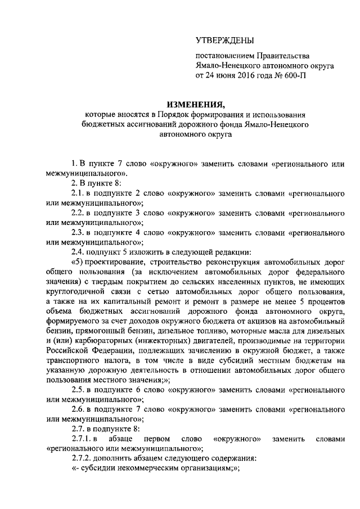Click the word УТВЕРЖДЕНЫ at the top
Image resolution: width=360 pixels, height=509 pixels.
tap(224, 40)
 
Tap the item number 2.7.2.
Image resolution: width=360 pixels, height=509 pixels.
tap(84, 457)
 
